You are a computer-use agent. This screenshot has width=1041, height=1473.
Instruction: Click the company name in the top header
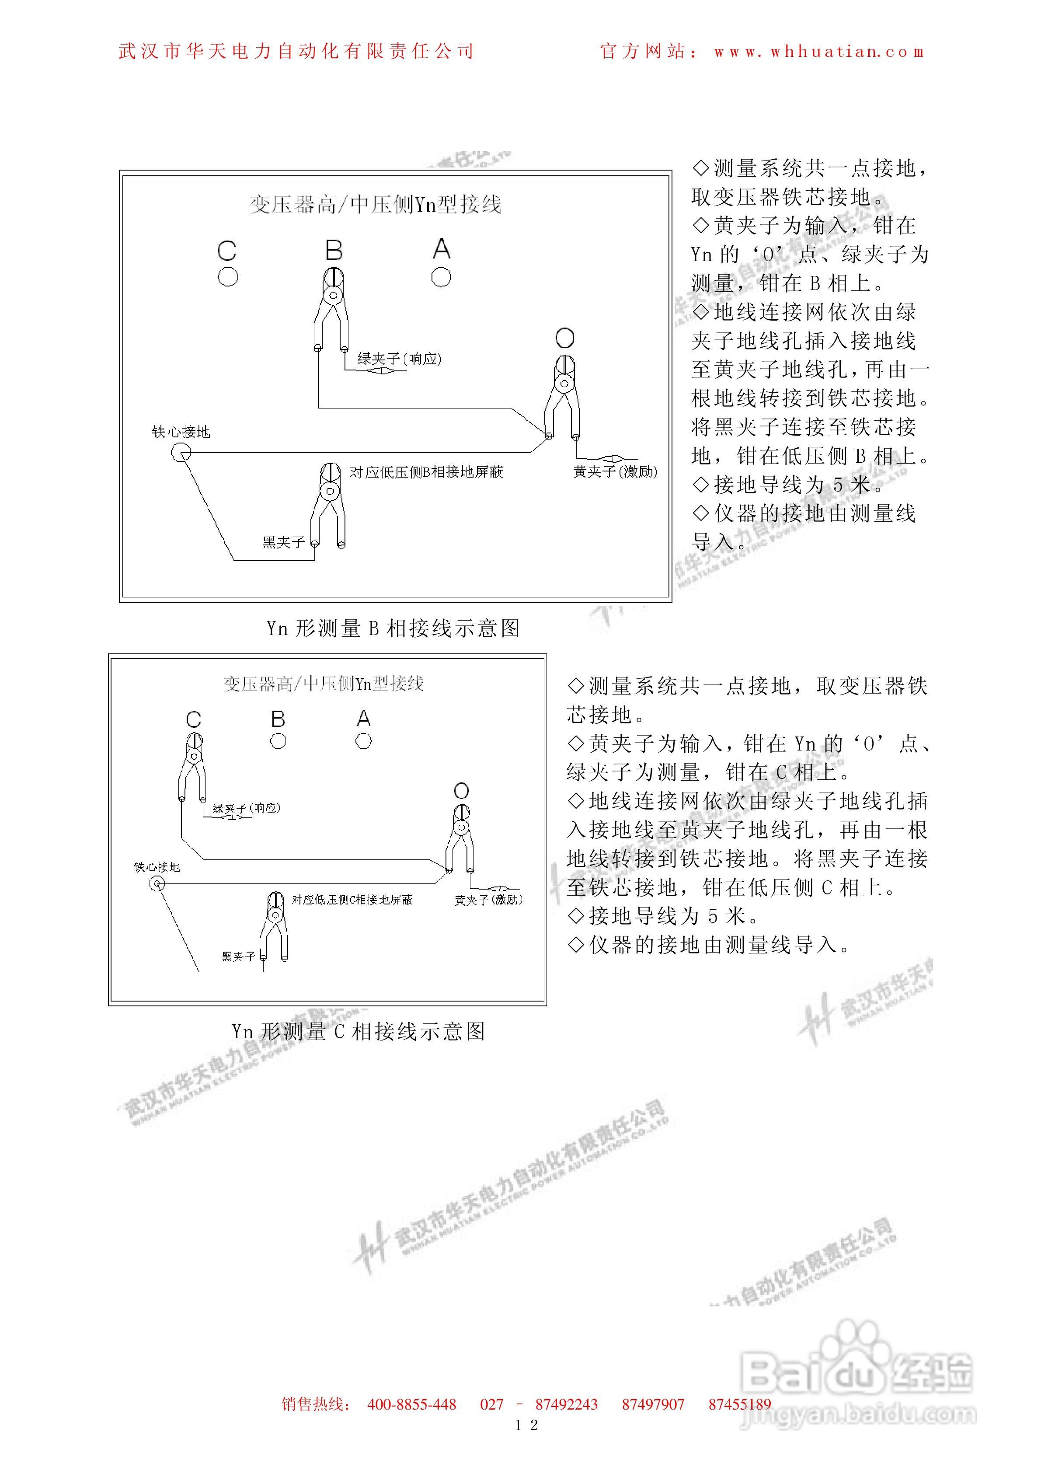click(x=296, y=51)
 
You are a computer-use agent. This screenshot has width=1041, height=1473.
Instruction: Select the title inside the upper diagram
click(x=375, y=205)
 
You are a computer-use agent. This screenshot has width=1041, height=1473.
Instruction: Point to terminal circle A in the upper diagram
click(x=441, y=277)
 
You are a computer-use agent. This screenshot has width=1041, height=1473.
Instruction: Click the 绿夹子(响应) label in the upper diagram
click(x=399, y=359)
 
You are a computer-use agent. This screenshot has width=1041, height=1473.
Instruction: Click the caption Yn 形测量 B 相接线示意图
click(x=393, y=628)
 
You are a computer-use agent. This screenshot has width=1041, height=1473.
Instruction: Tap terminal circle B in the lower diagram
click(x=278, y=741)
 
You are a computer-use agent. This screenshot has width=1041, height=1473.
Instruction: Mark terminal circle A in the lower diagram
click(x=363, y=741)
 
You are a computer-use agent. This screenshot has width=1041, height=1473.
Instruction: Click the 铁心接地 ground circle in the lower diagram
click(x=157, y=884)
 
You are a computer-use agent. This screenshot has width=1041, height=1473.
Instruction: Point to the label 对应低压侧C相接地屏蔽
click(x=352, y=900)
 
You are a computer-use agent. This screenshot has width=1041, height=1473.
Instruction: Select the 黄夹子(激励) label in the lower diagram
click(x=489, y=900)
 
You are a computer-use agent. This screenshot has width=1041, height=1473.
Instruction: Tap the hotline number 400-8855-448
click(x=411, y=1404)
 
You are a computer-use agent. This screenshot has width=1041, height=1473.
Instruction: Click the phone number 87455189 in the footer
click(x=739, y=1404)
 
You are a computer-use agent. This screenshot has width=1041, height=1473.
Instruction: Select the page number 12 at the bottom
click(x=526, y=1425)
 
